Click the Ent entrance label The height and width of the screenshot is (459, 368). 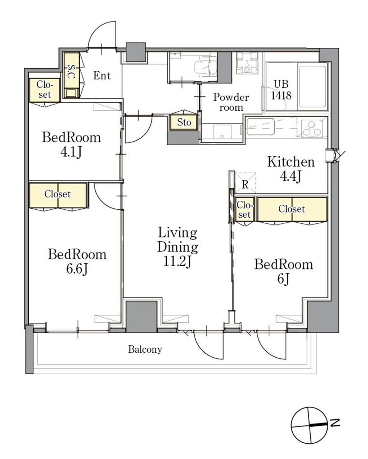click(102, 76)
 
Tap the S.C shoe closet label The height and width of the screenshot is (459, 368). click(71, 71)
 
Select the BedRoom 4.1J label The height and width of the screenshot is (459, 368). click(71, 145)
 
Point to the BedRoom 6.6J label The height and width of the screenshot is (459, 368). click(77, 261)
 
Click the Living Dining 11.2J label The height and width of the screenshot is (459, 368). click(178, 247)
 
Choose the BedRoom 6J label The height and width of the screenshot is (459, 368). click(283, 271)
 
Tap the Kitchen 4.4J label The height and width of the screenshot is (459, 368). click(291, 169)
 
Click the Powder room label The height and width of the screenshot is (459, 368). click(231, 102)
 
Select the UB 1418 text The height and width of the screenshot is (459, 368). click(281, 90)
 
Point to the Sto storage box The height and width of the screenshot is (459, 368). click(184, 122)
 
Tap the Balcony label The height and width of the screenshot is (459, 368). click(145, 349)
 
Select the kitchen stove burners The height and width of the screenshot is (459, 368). click(312, 129)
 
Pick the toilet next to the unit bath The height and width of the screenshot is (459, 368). click(247, 63)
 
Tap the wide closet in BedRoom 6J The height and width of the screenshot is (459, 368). click(292, 209)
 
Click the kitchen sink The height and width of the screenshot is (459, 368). click(260, 126)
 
